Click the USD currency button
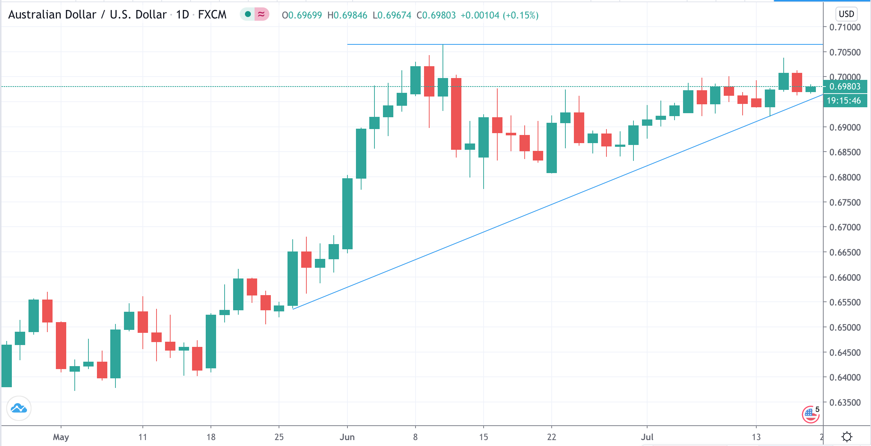point(846,14)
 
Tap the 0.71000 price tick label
point(845,27)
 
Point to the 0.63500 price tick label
point(845,402)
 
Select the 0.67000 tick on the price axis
point(845,227)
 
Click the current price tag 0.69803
point(845,87)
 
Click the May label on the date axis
point(61,437)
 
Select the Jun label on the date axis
point(347,437)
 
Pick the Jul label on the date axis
point(647,437)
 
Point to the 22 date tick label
point(551,437)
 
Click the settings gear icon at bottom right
point(847,437)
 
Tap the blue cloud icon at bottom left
point(19,408)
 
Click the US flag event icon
point(810,414)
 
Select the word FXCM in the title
point(212,15)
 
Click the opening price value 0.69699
point(305,15)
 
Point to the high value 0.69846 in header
point(350,15)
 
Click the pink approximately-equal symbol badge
point(261,14)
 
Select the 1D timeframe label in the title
point(182,15)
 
